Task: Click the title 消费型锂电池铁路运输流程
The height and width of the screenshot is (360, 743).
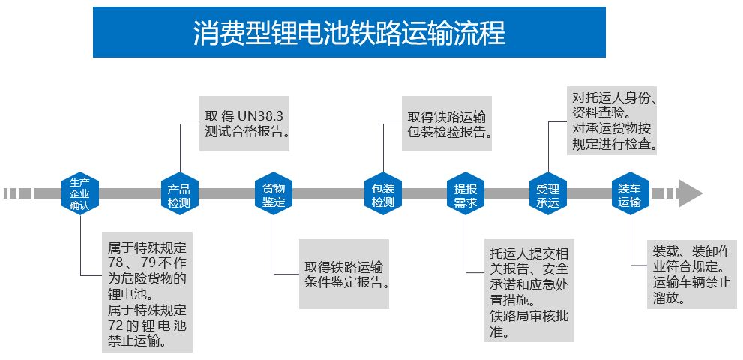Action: click(349, 32)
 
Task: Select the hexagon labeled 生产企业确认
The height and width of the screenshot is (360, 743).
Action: click(79, 193)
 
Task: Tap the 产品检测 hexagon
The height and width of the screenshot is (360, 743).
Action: click(178, 194)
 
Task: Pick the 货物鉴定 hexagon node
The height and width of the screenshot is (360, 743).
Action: click(273, 194)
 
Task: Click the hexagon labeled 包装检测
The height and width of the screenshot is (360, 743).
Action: click(382, 194)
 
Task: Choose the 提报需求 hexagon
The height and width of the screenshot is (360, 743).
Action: click(465, 194)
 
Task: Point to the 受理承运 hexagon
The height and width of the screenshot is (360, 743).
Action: click(548, 194)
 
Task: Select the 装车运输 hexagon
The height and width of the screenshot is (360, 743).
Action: click(629, 193)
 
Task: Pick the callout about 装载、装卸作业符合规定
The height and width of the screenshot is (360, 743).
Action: click(691, 274)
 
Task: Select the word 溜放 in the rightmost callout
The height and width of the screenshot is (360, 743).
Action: click(666, 298)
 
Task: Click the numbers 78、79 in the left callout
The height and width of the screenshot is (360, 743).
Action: click(132, 262)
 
